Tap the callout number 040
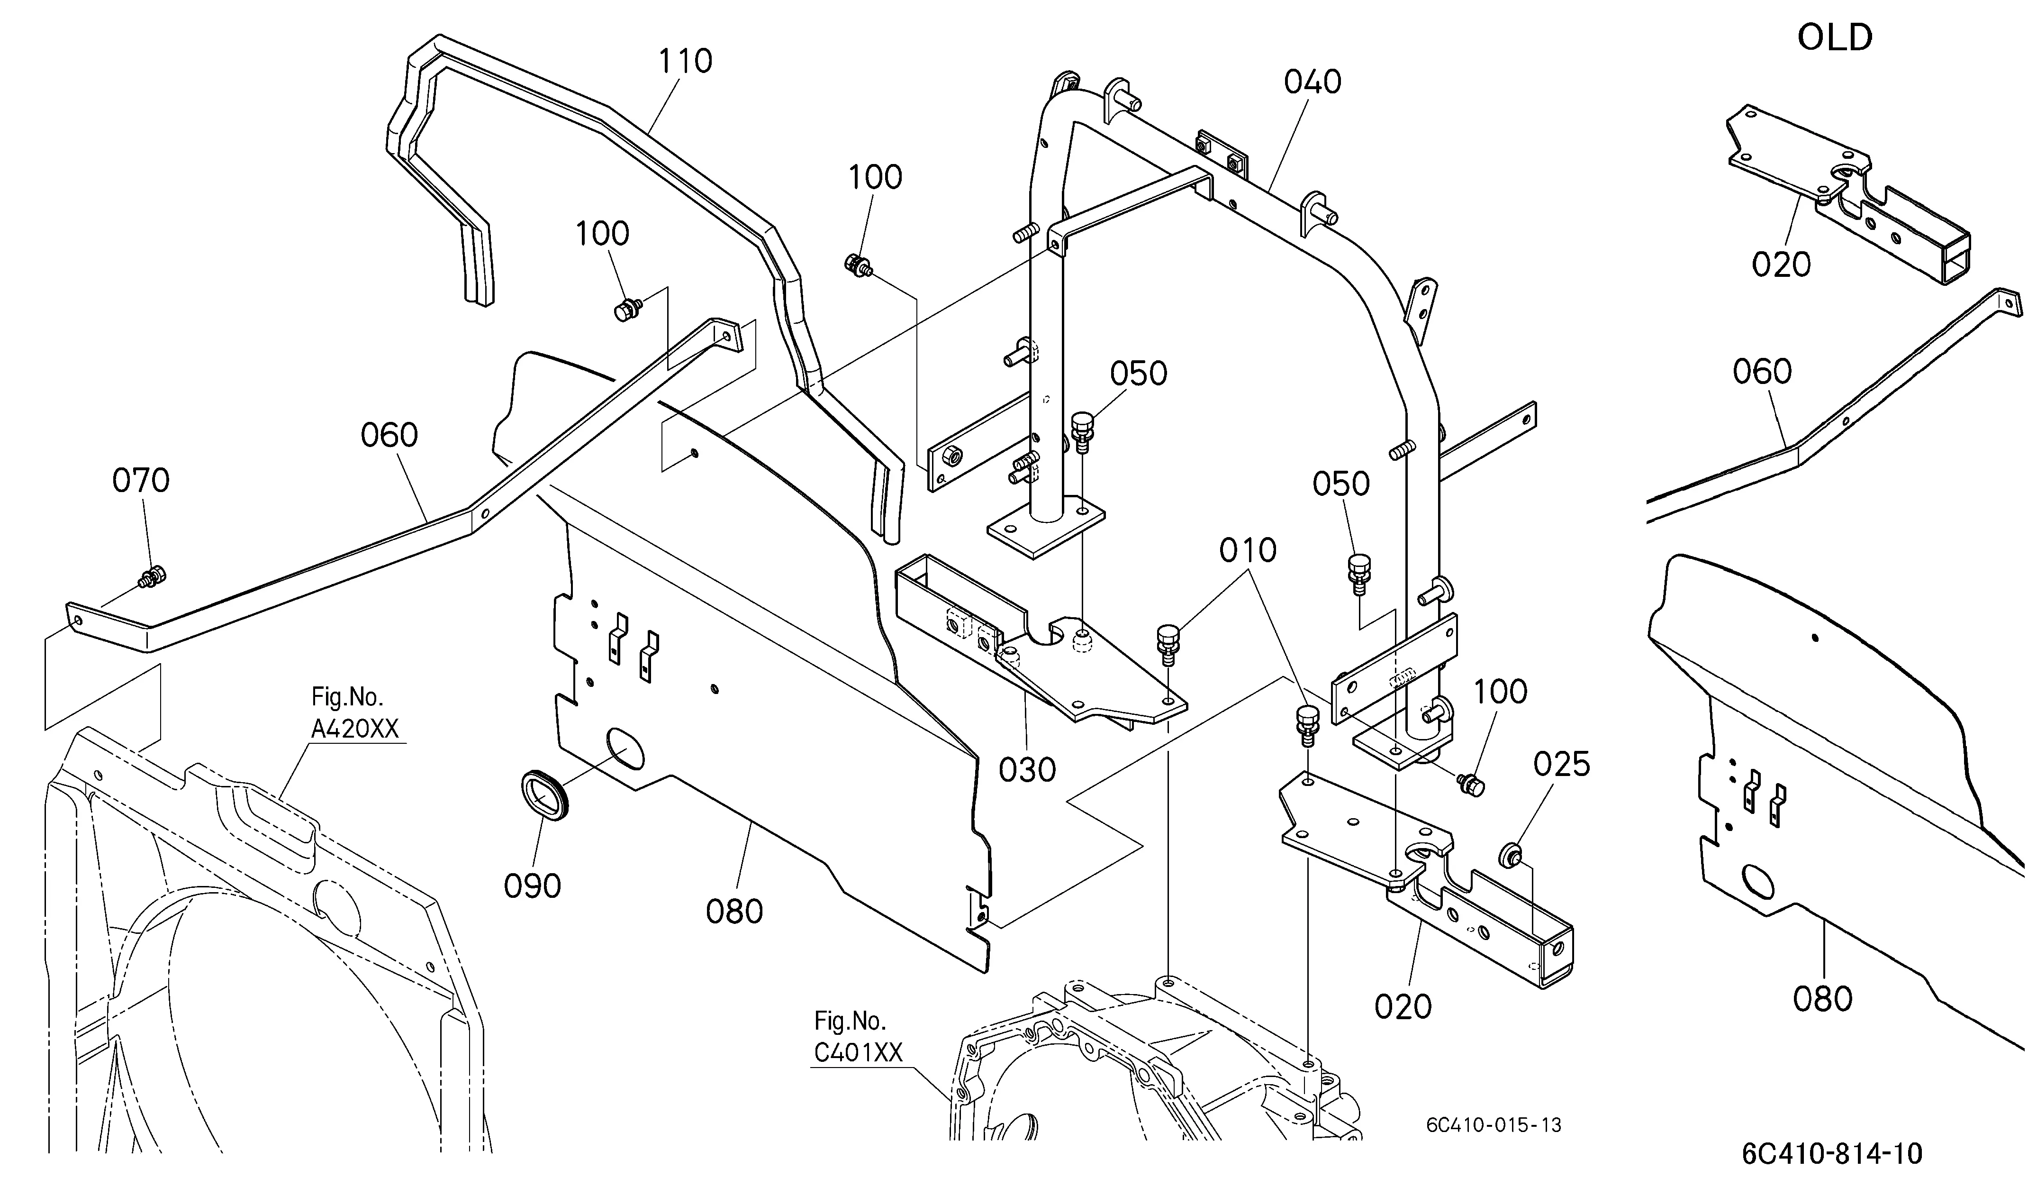[1313, 82]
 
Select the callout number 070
[141, 480]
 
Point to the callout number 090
[532, 886]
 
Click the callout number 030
[1027, 770]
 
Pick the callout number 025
[1562, 764]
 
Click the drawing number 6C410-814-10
[1832, 1153]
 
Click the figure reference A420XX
[355, 730]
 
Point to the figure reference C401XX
[859, 1052]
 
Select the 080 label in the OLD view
[1823, 999]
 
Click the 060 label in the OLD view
[1762, 372]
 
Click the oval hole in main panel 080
[625, 749]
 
